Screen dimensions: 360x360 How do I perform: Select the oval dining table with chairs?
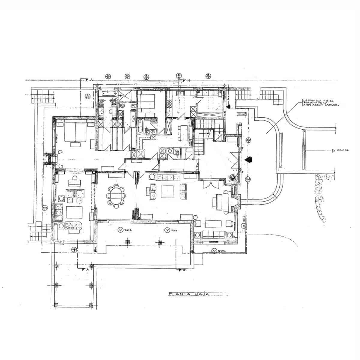point(115,196)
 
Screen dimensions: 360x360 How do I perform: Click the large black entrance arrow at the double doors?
point(248,160)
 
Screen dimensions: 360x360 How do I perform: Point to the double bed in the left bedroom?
point(75,132)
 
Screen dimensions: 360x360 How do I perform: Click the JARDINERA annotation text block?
point(321,103)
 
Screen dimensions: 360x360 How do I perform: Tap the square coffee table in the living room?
point(167,191)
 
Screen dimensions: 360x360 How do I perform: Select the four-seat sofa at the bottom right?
point(213,235)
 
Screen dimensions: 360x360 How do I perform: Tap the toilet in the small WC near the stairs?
point(177,154)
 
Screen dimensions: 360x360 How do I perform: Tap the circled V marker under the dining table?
point(121,230)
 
